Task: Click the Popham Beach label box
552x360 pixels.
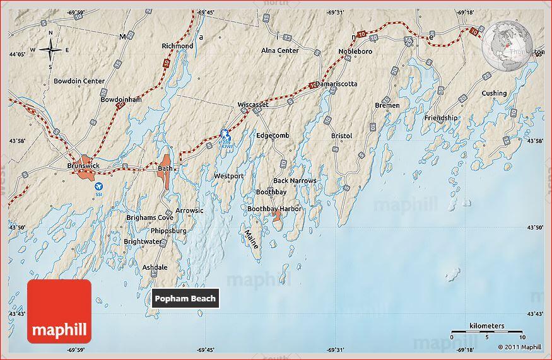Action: point(185,298)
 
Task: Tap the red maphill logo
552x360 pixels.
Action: point(59,311)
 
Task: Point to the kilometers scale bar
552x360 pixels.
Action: point(486,331)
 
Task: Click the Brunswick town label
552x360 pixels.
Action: point(83,166)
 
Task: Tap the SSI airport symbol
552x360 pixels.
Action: point(98,187)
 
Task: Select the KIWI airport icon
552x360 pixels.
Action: point(225,134)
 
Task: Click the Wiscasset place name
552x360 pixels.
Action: point(253,105)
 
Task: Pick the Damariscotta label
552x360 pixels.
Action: point(336,84)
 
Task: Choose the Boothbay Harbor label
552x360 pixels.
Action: point(274,209)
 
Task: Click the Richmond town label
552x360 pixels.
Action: point(177,46)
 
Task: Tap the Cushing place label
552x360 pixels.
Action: point(494,93)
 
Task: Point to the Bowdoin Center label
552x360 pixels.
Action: point(79,81)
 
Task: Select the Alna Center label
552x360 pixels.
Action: point(280,50)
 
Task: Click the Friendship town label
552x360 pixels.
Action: point(441,118)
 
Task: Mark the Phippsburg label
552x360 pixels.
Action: point(168,231)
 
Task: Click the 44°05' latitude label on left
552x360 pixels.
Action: point(18,54)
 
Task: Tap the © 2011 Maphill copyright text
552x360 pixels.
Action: point(519,347)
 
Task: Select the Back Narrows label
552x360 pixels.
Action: point(295,181)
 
